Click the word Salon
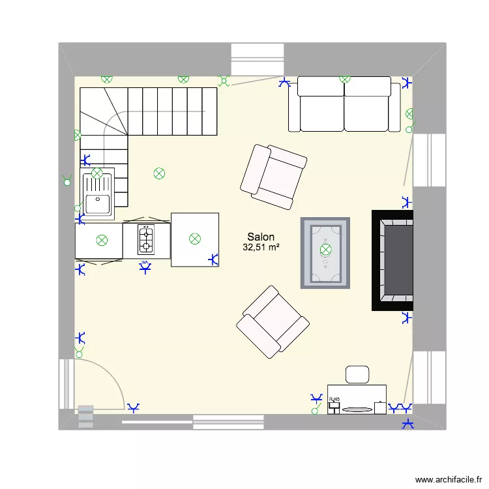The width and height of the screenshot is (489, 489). pos(260,237)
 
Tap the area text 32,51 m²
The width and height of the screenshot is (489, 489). pos(261,248)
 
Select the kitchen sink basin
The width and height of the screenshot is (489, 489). pos(98,203)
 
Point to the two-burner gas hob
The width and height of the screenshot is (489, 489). pos(146,239)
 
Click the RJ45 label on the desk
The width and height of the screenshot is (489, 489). pos(334,398)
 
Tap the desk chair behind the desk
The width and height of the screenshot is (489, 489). pos(357,374)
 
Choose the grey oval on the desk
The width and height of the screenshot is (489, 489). pos(356,409)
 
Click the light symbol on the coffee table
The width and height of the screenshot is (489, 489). pos(325,249)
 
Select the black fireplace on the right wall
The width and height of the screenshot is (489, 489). pos(393,260)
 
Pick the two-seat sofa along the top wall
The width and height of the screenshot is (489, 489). pos(344,106)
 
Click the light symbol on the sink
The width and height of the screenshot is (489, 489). pos(97,173)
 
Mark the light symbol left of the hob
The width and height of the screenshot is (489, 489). pos(102,240)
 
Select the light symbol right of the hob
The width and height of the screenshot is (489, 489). pos(194,239)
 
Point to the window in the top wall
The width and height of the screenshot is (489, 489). pos(258,60)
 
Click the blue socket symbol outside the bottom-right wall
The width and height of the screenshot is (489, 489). pos(408,424)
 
